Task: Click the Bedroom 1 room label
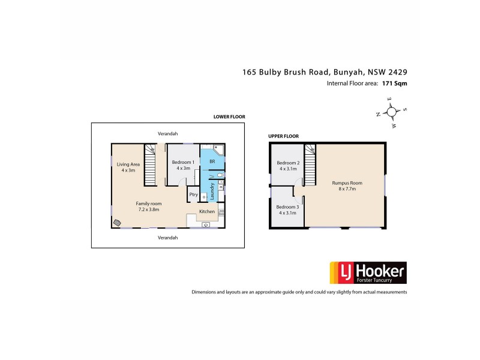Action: [x=182, y=162]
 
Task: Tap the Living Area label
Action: [x=128, y=164]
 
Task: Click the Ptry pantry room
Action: [x=193, y=194]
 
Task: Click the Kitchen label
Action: [x=207, y=212]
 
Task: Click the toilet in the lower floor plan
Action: [x=220, y=176]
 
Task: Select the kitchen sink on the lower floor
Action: [x=206, y=224]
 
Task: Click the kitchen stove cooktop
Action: [x=221, y=211]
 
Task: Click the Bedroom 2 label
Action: [x=288, y=163]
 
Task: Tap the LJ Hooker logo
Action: [x=367, y=273]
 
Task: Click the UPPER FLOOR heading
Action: [x=283, y=136]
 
